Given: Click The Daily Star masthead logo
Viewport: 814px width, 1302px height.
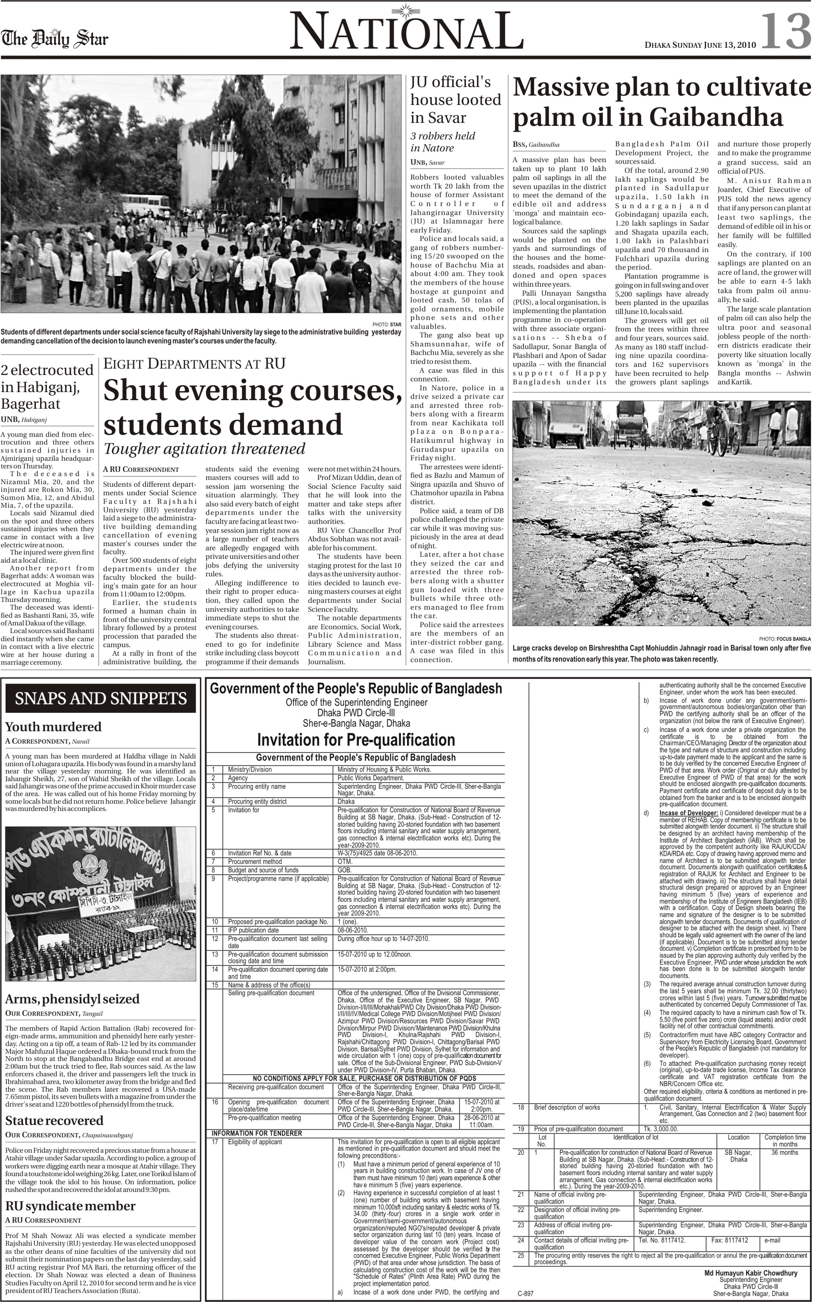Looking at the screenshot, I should [54, 39].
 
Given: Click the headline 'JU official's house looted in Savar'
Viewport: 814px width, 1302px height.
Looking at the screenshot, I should [456, 99].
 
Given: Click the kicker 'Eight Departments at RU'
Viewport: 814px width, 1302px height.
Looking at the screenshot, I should [194, 364].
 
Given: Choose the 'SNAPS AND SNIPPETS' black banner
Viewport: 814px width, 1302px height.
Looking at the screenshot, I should [101, 699].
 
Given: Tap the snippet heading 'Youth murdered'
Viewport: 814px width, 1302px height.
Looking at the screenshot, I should [53, 727].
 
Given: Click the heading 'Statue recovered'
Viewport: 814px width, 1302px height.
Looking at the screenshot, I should [54, 1121].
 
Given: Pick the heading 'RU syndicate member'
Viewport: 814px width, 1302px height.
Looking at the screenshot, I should [70, 1206].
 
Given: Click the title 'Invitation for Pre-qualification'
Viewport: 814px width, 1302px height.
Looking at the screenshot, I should [356, 740].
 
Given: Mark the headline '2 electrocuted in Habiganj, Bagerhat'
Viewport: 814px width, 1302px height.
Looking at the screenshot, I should [47, 387].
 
